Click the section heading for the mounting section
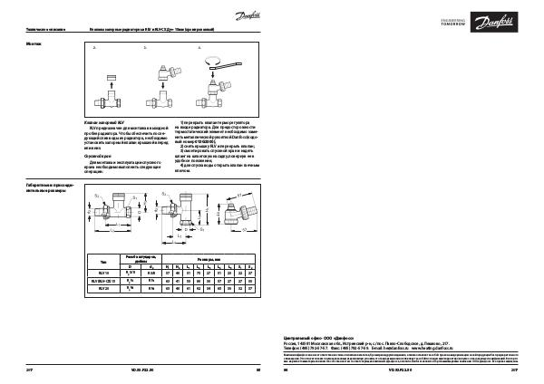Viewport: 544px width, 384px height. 33,43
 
